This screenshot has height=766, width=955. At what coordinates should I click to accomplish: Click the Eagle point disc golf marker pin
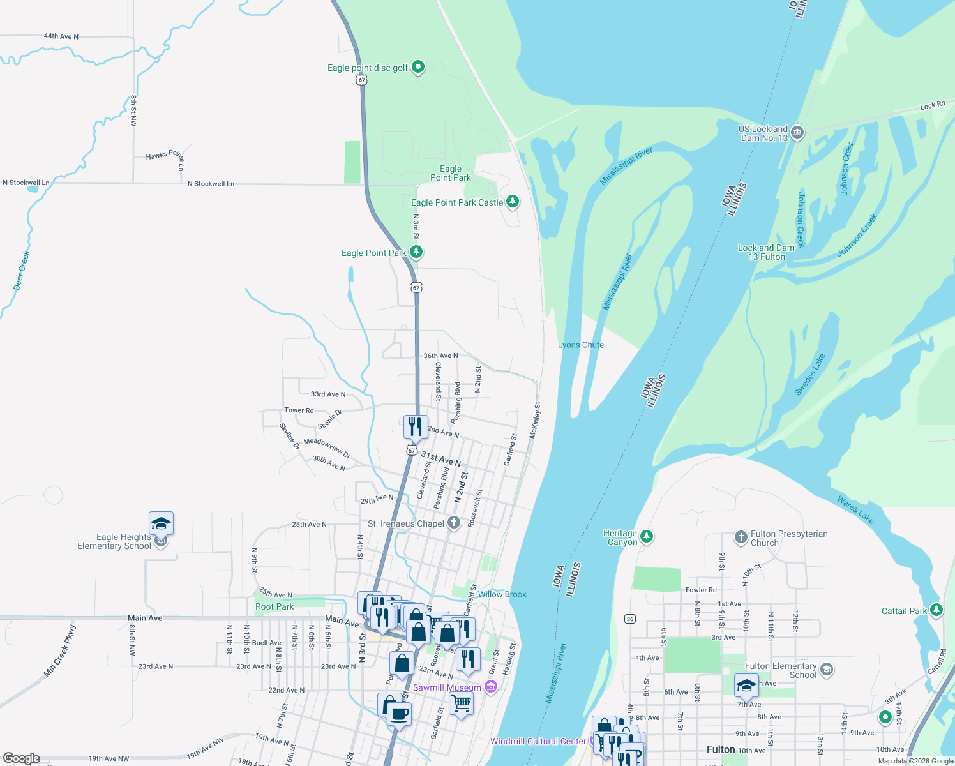[x=418, y=66]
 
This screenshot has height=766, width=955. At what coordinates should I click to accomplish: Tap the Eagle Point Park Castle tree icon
[x=512, y=202]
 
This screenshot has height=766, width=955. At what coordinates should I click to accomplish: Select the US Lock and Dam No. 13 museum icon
[x=797, y=133]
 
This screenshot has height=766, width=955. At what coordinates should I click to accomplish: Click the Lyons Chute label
[x=580, y=345]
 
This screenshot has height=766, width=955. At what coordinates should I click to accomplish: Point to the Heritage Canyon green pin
[x=647, y=536]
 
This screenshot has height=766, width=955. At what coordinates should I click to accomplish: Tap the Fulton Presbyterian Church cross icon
[x=741, y=537]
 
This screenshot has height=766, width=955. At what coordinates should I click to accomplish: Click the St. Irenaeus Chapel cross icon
[x=454, y=523]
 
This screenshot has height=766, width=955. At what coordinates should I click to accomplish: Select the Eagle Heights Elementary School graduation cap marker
[x=161, y=524]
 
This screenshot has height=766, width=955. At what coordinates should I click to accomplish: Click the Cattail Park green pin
[x=936, y=610]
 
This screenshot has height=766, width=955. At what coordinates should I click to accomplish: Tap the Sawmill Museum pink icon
[x=490, y=687]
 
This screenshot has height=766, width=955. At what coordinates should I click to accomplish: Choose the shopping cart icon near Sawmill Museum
[x=461, y=703]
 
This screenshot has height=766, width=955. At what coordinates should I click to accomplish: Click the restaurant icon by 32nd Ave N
[x=416, y=426]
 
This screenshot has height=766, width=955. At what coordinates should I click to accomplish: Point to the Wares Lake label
[x=855, y=511]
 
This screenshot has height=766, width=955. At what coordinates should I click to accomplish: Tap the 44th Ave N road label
[x=61, y=36]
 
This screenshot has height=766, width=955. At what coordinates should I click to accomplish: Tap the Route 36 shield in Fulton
[x=630, y=619]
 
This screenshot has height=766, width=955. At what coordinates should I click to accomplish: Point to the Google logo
[x=21, y=758]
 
